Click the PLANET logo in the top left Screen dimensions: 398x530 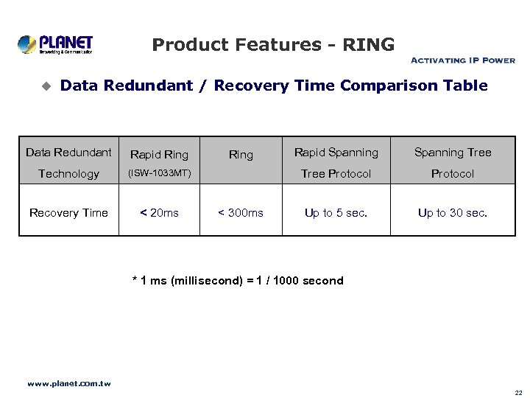55,44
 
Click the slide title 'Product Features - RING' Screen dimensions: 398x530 273,45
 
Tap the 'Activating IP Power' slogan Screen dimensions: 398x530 462,60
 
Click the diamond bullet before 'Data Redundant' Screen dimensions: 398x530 46,87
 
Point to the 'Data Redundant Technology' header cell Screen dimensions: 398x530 68,163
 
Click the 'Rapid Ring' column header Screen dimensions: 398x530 159,154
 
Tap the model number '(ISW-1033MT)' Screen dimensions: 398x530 159,174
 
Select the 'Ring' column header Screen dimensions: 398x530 241,155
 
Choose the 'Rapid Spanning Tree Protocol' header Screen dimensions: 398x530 336,163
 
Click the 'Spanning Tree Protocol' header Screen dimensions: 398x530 452,163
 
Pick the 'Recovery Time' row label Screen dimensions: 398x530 68,213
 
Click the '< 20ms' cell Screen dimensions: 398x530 159,213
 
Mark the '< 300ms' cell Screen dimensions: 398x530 241,213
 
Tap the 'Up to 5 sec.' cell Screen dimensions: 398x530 336,213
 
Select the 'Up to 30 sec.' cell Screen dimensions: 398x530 452,213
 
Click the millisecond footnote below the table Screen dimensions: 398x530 237,281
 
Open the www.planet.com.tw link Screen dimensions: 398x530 68,383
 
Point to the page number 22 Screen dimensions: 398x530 518,393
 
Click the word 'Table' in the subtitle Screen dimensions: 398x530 465,86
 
